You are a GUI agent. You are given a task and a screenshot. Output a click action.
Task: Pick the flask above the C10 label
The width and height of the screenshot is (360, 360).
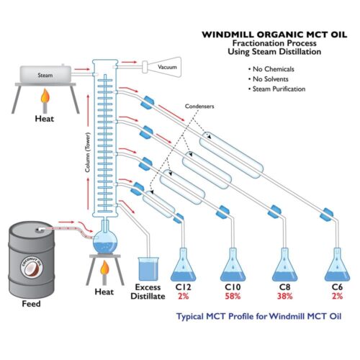[233, 264]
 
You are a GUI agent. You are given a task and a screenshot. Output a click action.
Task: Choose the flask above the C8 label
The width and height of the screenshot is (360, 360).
[283, 264]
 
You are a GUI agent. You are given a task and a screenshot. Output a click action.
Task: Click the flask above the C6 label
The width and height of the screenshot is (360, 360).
[335, 264]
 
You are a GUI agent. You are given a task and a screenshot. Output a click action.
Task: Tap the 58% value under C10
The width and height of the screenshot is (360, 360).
[233, 296]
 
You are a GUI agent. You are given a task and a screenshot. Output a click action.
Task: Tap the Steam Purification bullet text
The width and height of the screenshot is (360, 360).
[279, 89]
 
